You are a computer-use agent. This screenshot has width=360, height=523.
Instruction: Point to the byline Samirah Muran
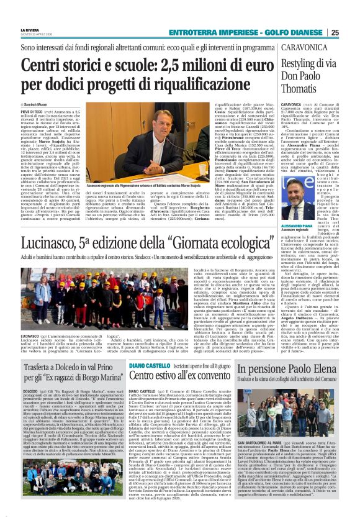point(37,104)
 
